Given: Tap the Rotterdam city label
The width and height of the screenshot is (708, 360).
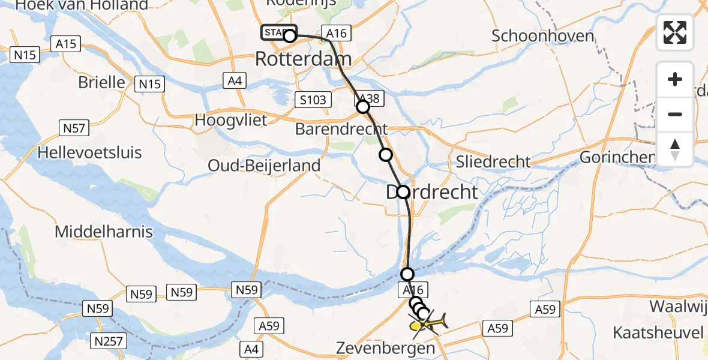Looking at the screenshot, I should (x=304, y=59).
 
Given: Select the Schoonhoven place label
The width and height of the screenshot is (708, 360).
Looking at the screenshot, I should (x=543, y=35).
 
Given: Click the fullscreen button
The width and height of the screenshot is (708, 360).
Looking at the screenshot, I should (x=675, y=32).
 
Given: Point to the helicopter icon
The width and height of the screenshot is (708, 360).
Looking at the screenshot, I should (x=428, y=324).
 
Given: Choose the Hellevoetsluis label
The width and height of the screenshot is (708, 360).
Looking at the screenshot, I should (x=89, y=152).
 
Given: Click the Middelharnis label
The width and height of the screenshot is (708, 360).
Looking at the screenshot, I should (x=104, y=232).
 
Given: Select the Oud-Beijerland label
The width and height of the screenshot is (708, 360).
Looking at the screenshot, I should (x=265, y=165).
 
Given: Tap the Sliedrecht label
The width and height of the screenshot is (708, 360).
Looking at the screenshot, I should (x=494, y=161).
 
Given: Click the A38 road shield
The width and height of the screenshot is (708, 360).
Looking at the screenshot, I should (x=368, y=99).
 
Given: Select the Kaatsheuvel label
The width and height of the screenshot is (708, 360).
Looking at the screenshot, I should (x=659, y=332).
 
